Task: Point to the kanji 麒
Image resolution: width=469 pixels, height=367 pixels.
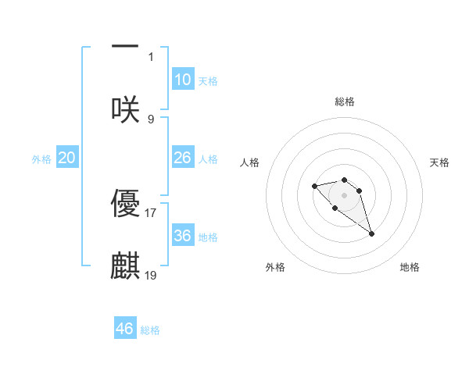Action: click(x=125, y=265)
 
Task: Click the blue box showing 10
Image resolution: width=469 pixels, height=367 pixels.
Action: click(x=182, y=80)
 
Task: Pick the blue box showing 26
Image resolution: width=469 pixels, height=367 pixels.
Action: click(x=182, y=158)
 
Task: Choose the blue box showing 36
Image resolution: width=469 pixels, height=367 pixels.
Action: click(x=182, y=235)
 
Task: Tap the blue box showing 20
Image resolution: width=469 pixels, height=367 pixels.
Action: click(x=66, y=158)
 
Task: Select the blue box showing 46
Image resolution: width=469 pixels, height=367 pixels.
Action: click(x=125, y=328)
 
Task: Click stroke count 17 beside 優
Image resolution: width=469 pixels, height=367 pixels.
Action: click(x=151, y=212)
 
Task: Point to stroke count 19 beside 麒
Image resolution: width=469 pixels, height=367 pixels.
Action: click(x=151, y=275)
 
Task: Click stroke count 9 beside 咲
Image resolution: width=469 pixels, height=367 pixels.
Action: click(x=151, y=119)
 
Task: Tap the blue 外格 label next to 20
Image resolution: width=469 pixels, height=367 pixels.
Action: click(x=41, y=159)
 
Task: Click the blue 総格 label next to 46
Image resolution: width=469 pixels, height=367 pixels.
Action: click(x=150, y=330)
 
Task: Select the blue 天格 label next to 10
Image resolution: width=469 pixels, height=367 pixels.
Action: click(x=208, y=80)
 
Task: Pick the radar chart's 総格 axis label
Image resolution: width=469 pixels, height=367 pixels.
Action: click(x=345, y=102)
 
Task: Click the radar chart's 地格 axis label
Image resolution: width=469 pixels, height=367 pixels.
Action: click(x=410, y=268)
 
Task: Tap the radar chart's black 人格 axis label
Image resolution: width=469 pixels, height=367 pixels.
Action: click(x=250, y=162)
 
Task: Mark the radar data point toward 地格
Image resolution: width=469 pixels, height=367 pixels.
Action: click(x=372, y=233)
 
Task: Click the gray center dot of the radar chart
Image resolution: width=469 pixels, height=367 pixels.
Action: click(x=345, y=194)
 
